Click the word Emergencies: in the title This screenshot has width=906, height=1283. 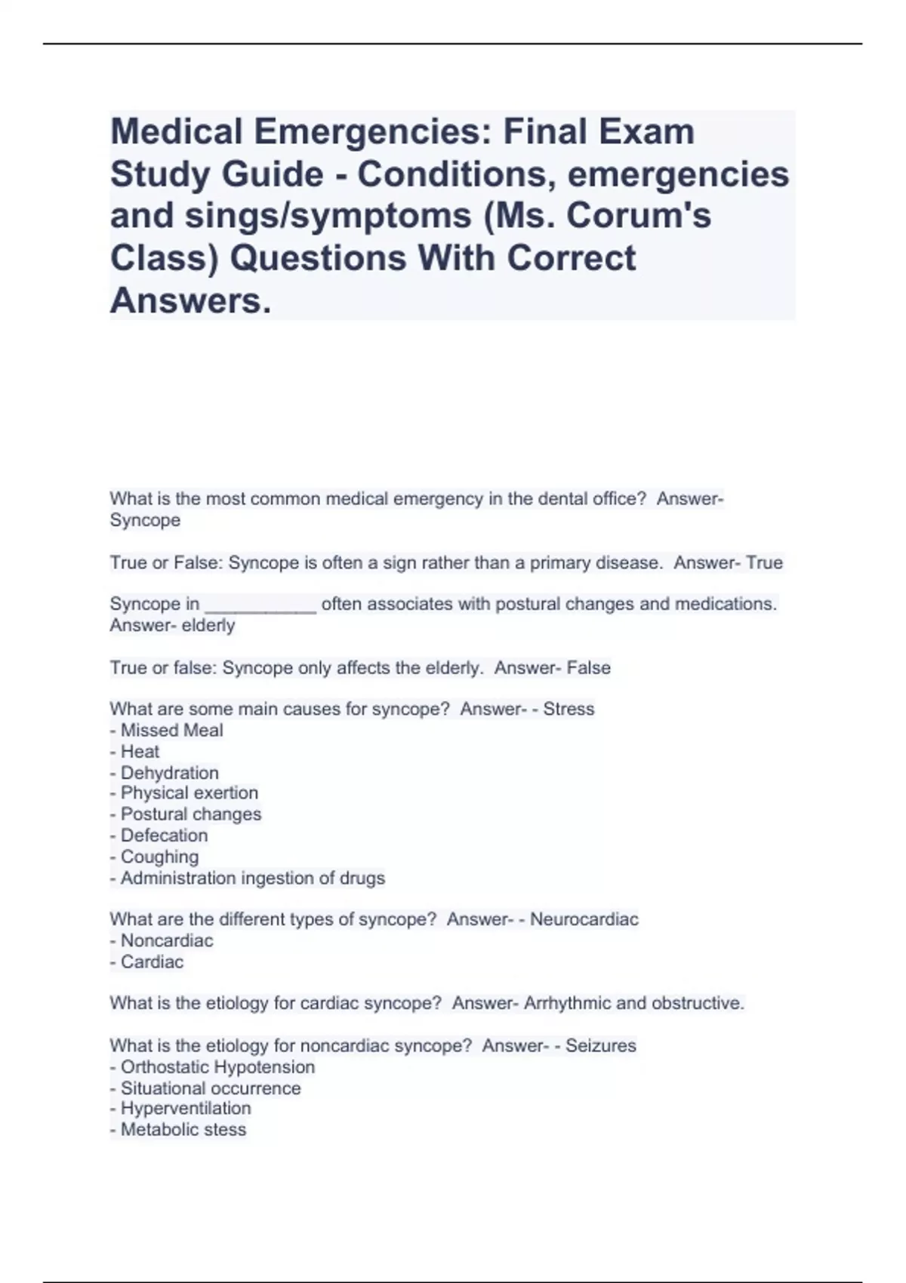pos(372,132)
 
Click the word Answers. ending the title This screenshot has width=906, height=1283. pos(190,300)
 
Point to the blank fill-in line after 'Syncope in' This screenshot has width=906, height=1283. pos(260,605)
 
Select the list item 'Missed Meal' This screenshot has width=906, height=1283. pos(171,731)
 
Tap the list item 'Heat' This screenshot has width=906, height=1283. pos(140,752)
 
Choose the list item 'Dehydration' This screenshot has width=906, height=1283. pos(169,773)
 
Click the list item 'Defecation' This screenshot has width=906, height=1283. pos(164,835)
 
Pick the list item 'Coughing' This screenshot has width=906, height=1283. pos(159,857)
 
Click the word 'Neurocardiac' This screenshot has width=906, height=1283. pos(584,919)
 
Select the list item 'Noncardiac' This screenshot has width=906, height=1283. pos(167,940)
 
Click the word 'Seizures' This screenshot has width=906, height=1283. pos(600,1045)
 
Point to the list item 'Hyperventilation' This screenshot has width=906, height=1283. pos(186,1109)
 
